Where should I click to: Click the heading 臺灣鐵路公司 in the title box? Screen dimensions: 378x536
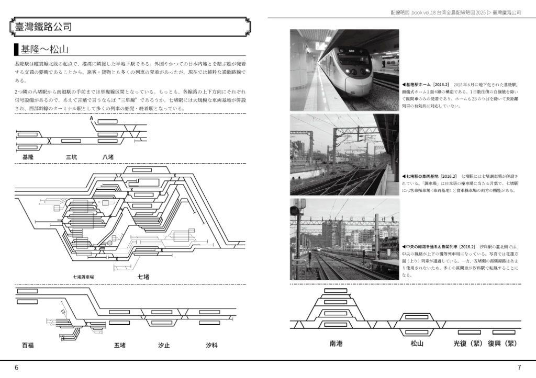(43, 27)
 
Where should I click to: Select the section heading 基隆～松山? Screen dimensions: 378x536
(44, 50)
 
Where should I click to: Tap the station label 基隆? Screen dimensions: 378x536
(28, 157)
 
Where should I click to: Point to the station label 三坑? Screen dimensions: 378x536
(71, 157)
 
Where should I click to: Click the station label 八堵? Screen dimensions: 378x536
(108, 157)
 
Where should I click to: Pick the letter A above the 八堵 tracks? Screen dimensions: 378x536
(92, 119)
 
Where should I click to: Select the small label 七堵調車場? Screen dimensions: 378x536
(87, 277)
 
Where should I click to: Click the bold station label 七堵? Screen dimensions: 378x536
(143, 276)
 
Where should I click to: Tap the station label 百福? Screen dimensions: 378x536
(28, 346)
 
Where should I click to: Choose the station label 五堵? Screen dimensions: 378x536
(119, 346)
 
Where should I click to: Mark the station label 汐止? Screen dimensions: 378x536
(163, 346)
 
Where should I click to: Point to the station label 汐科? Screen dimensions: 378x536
(211, 346)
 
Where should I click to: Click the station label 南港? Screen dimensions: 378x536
(336, 343)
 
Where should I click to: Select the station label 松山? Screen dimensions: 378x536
(417, 343)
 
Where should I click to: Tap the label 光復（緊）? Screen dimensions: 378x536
(467, 343)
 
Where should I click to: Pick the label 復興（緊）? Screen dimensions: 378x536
(502, 343)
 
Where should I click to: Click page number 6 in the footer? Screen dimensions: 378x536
(17, 368)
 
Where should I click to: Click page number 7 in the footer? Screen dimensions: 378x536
(519, 368)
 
